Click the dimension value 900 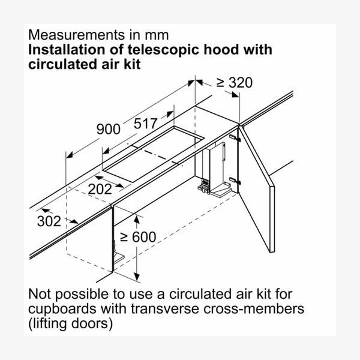109,129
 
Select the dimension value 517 146,124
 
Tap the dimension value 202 100,189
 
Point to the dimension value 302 49,221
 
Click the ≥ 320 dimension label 235,83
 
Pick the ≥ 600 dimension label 138,237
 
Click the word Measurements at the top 76,35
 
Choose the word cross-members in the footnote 254,309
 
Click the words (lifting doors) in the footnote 70,324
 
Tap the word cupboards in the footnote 62,309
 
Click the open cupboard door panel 257,189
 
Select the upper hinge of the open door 235,138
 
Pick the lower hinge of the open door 235,181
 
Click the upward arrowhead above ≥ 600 137,220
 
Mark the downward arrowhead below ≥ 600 137,277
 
